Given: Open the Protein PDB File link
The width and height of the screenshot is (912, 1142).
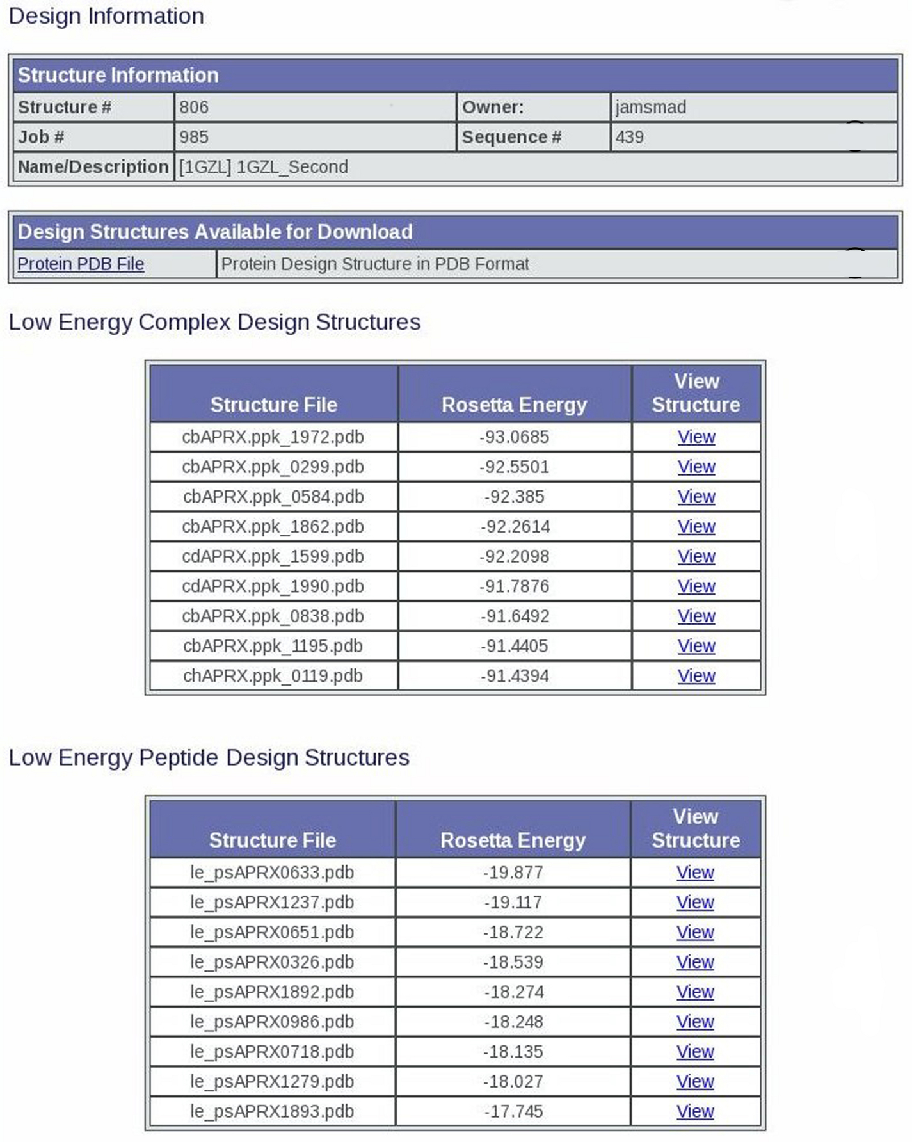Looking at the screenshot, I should click(x=81, y=264).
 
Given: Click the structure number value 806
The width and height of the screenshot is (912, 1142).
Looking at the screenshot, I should click(x=194, y=107).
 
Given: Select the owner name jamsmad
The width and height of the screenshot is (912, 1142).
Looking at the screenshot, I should click(x=651, y=107).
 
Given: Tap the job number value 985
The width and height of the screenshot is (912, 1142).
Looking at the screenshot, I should click(x=194, y=137).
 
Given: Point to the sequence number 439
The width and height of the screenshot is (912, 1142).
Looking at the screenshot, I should click(x=630, y=137).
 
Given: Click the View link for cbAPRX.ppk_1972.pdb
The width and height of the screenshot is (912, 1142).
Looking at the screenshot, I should click(x=696, y=437).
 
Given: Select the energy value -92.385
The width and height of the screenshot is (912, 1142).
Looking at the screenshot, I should click(x=515, y=497).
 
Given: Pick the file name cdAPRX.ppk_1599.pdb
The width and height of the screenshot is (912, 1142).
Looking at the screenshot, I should click(x=273, y=556).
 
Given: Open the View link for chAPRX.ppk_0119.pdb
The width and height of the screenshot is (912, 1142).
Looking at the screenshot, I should click(x=696, y=676).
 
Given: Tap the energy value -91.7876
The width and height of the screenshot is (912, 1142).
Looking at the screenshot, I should click(x=515, y=586).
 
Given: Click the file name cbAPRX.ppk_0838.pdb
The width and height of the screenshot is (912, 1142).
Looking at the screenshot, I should click(x=273, y=616).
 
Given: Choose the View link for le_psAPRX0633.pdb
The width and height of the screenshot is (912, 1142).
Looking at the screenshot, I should click(x=695, y=873).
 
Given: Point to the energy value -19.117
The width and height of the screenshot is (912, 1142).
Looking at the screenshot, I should click(x=513, y=903).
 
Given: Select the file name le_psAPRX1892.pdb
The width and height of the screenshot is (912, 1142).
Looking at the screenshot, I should click(x=272, y=992).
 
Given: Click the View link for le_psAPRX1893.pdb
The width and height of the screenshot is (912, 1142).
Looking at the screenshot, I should click(x=695, y=1111).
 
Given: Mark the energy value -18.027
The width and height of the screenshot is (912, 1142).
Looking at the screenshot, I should click(x=513, y=1082).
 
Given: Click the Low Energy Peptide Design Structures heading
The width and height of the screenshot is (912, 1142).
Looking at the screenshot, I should click(x=209, y=757).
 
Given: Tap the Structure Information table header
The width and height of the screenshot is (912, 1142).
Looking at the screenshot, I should click(x=118, y=75).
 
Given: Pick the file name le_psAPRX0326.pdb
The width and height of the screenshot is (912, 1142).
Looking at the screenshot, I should click(x=272, y=962).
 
